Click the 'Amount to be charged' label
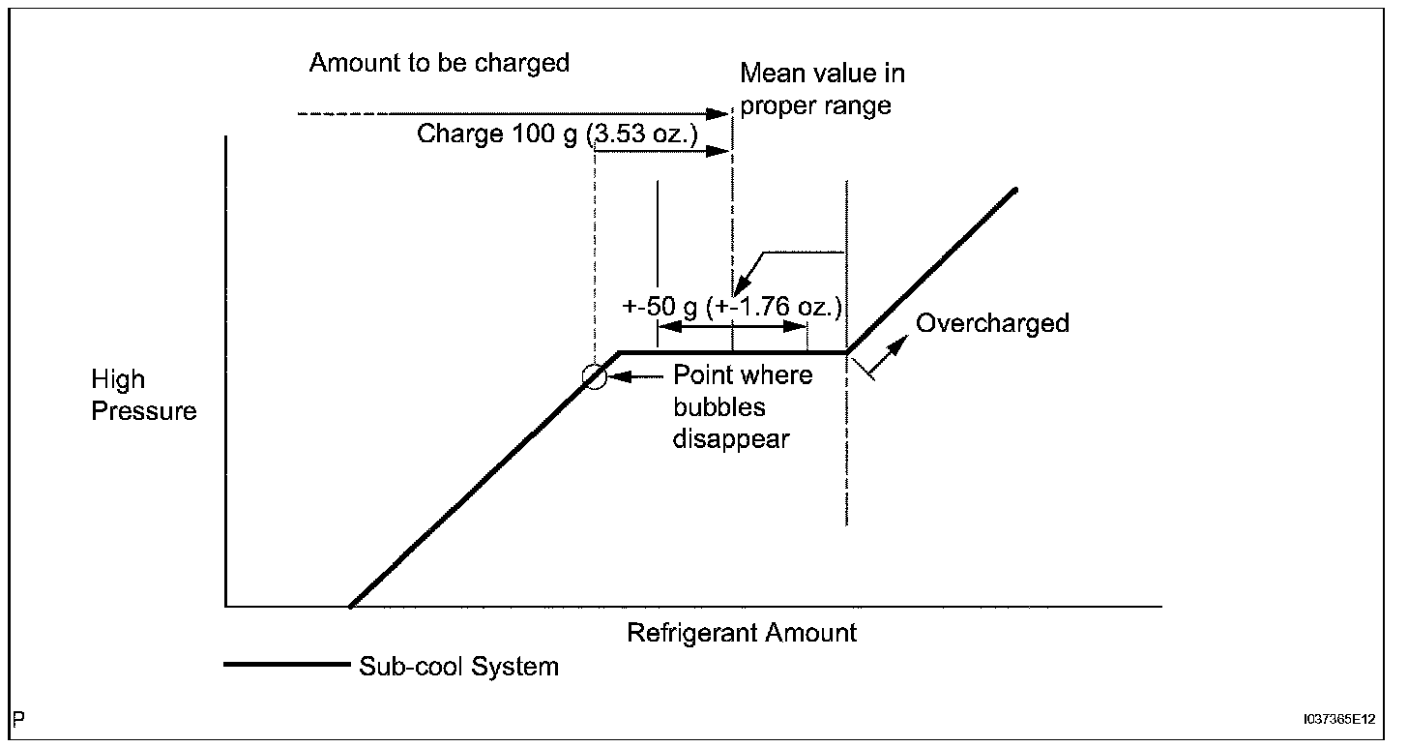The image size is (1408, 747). [x=439, y=64]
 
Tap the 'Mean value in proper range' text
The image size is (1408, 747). [x=822, y=88]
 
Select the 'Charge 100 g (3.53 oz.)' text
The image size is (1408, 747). [x=557, y=134]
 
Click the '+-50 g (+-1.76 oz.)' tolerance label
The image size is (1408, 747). [x=732, y=308]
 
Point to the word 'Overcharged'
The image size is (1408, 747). [x=992, y=323]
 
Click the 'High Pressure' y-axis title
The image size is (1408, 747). [x=143, y=395]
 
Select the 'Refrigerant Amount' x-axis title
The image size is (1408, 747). [x=742, y=633]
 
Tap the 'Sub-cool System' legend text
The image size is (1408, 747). [x=458, y=666]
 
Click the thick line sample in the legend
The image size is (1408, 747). [x=285, y=665]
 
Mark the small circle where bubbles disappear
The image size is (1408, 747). [x=596, y=377]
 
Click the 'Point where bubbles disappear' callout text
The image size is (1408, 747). [x=743, y=406]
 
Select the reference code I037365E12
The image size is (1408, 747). [x=1338, y=720]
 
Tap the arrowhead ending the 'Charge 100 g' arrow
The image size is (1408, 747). [x=721, y=151]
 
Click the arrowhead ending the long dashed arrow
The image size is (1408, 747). [x=721, y=115]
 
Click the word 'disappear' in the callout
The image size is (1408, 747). [x=732, y=438]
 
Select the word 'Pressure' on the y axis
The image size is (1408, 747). [x=143, y=411]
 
